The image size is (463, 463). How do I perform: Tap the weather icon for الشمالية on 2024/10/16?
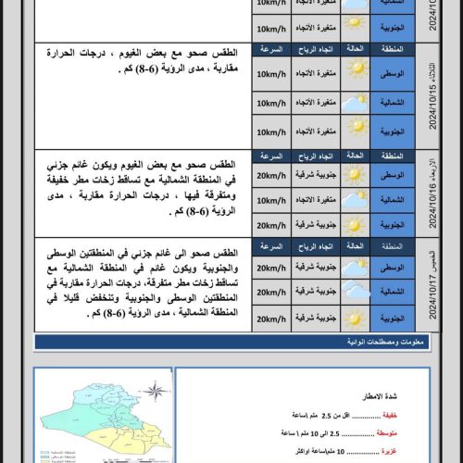356,198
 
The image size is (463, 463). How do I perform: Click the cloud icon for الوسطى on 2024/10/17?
356,268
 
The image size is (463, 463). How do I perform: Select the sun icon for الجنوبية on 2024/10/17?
356,319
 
